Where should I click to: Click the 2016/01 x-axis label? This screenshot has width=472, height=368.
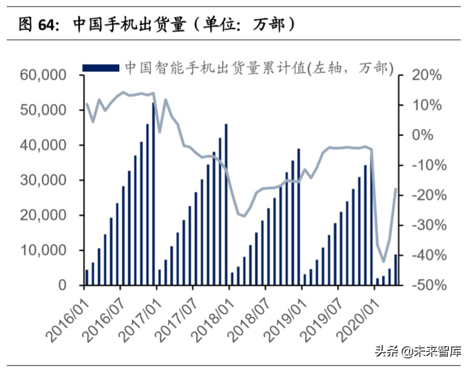pyautogui.click(x=67, y=312)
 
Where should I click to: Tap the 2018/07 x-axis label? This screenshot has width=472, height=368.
pyautogui.click(x=249, y=312)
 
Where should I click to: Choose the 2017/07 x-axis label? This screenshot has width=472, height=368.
pyautogui.click(x=176, y=312)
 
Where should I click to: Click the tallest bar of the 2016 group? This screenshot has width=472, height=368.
pyautogui.click(x=153, y=194)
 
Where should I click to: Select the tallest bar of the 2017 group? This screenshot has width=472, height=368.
pyautogui.click(x=226, y=205)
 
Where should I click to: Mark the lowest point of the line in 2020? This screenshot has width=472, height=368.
pyautogui.click(x=384, y=261)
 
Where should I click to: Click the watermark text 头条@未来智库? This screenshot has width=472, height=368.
pyautogui.click(x=418, y=350)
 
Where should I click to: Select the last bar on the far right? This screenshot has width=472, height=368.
pyautogui.click(x=396, y=270)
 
